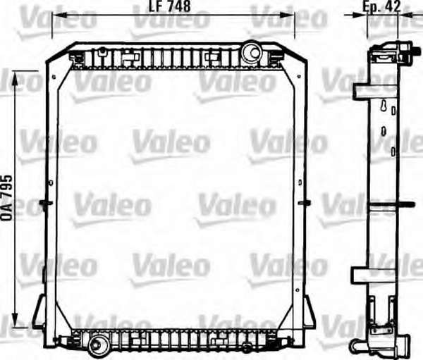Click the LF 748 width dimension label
click(x=170, y=6)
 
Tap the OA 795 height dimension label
click(x=7, y=198)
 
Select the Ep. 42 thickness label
click(x=381, y=6)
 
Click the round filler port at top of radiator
click(x=252, y=52)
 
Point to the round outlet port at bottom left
click(x=99, y=345)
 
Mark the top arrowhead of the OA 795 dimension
click(x=15, y=78)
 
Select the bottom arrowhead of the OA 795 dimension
click(x=15, y=320)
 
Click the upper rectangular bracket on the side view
click(x=375, y=92)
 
